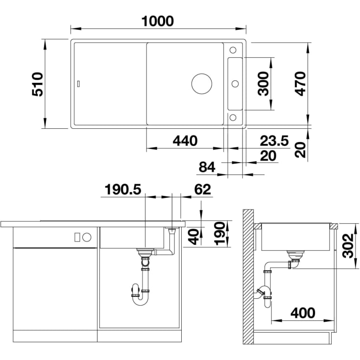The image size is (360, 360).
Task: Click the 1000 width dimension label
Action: pyautogui.click(x=158, y=21)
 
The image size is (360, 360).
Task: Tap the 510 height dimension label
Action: pyautogui.click(x=37, y=84)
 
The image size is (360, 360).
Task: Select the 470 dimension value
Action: pyautogui.click(x=301, y=84)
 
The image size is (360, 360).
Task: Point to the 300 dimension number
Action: pyautogui.click(x=263, y=84)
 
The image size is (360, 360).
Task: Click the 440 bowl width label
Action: pyautogui.click(x=185, y=141)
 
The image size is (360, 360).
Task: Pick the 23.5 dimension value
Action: pyautogui.click(x=274, y=141)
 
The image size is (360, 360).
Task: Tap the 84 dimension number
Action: pyautogui.click(x=207, y=167)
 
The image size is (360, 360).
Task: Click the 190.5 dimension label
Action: pyautogui.click(x=123, y=190)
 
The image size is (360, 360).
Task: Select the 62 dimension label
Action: pyautogui.click(x=202, y=190)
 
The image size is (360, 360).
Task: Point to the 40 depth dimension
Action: pyautogui.click(x=194, y=237)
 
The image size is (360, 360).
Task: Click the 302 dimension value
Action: pyautogui.click(x=348, y=246)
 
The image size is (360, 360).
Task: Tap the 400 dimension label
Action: pyautogui.click(x=303, y=313)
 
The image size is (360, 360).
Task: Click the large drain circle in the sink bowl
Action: pyautogui.click(x=202, y=84)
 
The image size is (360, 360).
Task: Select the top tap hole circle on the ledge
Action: pyautogui.click(x=233, y=50)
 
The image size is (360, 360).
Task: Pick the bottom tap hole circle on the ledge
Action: pyautogui.click(x=233, y=118)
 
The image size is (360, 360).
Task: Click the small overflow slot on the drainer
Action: pyautogui.click(x=79, y=84)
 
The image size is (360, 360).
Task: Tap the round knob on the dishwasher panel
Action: pyautogui.click(x=87, y=237)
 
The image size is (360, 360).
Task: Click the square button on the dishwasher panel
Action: pyautogui.click(x=77, y=237)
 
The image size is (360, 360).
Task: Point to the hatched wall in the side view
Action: pyautogui.click(x=248, y=277)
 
